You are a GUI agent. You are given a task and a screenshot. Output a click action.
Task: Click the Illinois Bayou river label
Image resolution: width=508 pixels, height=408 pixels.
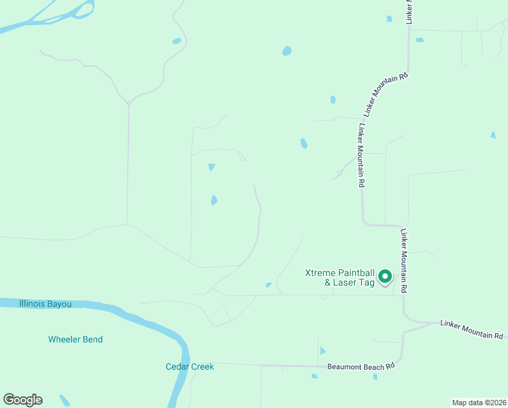46,304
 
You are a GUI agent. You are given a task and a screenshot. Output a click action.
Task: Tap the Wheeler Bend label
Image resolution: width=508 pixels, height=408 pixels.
75,339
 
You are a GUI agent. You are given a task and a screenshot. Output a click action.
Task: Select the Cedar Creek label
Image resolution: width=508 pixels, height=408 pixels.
189,367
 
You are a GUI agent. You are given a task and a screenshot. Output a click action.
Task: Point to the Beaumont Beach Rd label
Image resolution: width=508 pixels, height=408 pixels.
361,366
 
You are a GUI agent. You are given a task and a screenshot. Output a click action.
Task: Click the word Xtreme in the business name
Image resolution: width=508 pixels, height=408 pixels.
321,273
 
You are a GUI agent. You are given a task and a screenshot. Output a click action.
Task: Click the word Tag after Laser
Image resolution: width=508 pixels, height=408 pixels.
367,282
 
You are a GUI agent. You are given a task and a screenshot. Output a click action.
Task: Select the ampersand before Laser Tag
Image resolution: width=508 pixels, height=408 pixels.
327,282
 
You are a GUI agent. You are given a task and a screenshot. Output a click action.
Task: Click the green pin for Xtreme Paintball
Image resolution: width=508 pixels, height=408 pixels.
385,277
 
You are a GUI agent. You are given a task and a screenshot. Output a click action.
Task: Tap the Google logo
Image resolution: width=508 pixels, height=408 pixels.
22,400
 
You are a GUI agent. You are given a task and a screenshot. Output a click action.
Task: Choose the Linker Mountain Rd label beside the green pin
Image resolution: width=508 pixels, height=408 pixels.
403,260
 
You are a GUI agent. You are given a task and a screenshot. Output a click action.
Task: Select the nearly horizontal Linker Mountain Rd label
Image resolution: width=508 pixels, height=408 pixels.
471,330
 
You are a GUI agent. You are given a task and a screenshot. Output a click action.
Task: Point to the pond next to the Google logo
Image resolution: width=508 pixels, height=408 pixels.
65,400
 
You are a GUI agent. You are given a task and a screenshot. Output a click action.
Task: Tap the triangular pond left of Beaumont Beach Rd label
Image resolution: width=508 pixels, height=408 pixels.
323,351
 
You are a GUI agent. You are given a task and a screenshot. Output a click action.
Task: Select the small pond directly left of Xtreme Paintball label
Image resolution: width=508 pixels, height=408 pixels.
268,285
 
